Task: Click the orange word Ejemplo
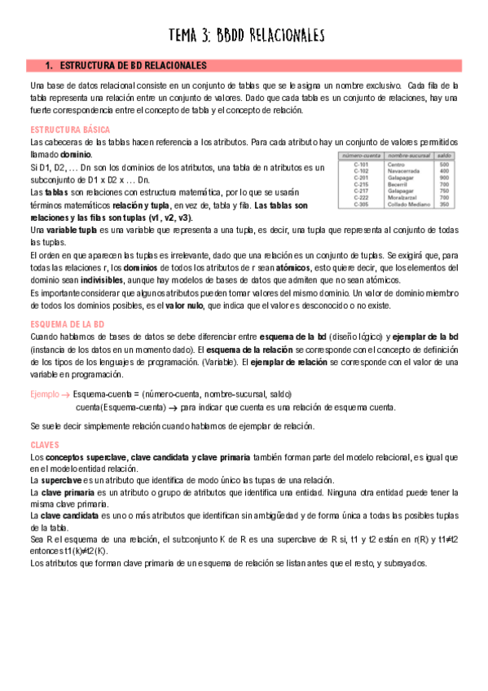coord(44,394)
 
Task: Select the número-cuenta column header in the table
coord(363,156)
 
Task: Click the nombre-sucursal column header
coord(409,156)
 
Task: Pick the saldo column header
coord(444,156)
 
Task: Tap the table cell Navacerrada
coord(406,171)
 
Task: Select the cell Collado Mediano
coord(411,204)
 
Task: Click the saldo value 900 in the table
coord(444,178)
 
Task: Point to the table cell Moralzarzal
coord(405,197)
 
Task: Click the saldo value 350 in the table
coord(444,204)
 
